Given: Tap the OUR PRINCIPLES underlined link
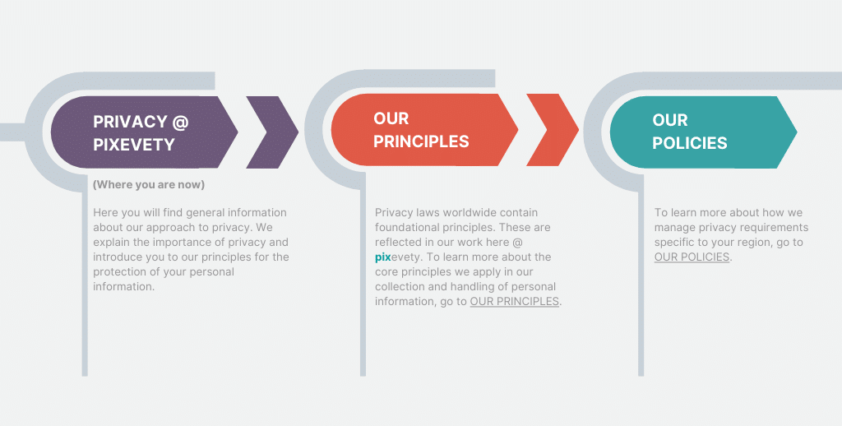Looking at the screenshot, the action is pyautogui.click(x=515, y=301).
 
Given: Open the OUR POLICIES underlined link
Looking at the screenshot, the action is pyautogui.click(x=692, y=257).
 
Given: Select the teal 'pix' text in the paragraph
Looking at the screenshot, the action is pyautogui.click(x=383, y=257).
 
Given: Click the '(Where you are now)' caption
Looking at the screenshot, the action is pyautogui.click(x=149, y=185).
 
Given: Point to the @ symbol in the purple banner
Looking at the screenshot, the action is pyautogui.click(x=180, y=122).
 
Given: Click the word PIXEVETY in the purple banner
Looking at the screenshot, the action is pyautogui.click(x=134, y=145).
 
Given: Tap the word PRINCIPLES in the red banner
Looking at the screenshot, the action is pyautogui.click(x=422, y=141).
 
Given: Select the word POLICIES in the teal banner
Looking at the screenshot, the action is pyautogui.click(x=690, y=143).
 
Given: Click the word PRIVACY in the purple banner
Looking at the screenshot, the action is pyautogui.click(x=130, y=122).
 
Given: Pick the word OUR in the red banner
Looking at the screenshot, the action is pyautogui.click(x=391, y=118).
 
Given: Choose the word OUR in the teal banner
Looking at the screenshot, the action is pyautogui.click(x=670, y=120).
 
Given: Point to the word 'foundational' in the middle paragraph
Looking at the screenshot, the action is pyautogui.click(x=405, y=227).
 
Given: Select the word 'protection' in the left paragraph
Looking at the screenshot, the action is pyautogui.click(x=118, y=272).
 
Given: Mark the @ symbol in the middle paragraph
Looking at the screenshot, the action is pyautogui.click(x=518, y=243).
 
